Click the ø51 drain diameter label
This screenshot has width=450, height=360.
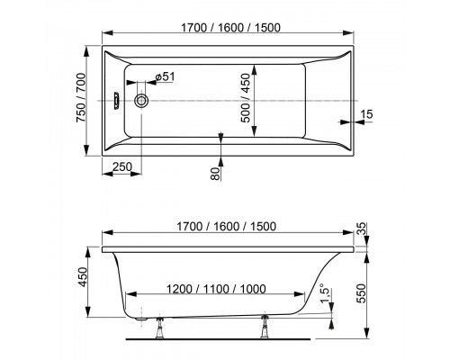[x=163, y=79]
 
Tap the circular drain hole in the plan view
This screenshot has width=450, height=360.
[x=141, y=101]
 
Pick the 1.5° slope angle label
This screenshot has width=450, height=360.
[x=326, y=294]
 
